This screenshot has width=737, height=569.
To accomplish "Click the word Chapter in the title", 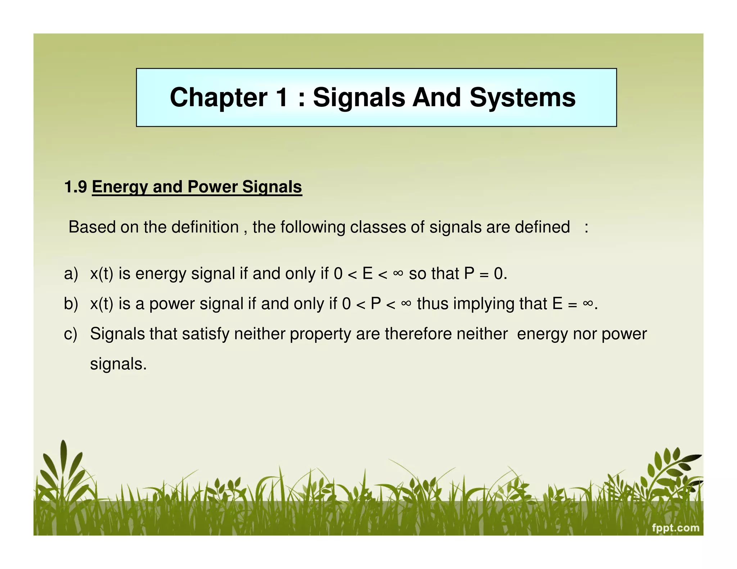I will click(x=218, y=98).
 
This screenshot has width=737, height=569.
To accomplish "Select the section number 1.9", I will click(x=76, y=187).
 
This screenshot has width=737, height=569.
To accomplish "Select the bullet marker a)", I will click(x=71, y=274).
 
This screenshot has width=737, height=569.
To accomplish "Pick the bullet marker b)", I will click(x=71, y=304).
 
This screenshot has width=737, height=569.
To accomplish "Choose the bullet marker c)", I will click(x=71, y=334).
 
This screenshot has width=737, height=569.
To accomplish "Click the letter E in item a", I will click(x=367, y=274).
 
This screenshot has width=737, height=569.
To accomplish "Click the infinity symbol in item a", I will click(x=398, y=273).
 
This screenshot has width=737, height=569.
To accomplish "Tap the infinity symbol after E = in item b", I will click(x=588, y=303).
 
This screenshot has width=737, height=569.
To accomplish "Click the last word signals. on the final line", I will click(x=118, y=364).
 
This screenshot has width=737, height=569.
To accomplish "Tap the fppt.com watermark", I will click(x=675, y=528).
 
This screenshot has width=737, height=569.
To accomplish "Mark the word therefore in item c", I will click(x=418, y=334).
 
